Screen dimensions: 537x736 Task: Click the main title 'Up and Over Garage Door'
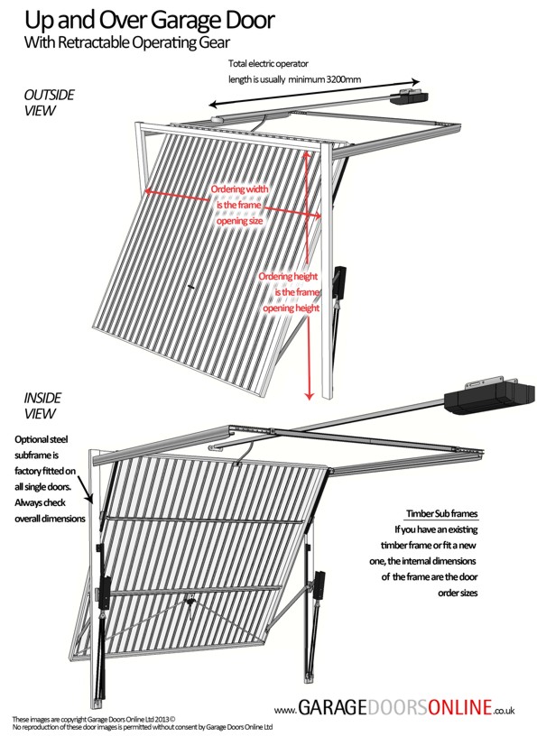(x=150, y=20)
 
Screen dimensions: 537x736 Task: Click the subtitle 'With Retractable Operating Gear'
(x=127, y=42)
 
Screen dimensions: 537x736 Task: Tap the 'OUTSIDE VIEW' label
(x=49, y=103)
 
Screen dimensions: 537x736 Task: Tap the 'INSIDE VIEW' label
(x=42, y=406)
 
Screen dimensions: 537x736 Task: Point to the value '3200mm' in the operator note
(x=344, y=79)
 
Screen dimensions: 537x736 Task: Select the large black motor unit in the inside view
(x=489, y=398)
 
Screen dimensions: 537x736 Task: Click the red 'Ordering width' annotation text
(x=239, y=189)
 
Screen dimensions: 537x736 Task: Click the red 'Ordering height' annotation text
(x=288, y=277)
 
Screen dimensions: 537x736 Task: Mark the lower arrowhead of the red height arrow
(x=309, y=396)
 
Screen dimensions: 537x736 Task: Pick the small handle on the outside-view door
(x=190, y=286)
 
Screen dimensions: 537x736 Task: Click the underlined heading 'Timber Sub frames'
(x=441, y=513)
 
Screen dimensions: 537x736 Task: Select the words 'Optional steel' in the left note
(x=42, y=440)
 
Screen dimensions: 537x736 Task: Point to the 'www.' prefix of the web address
(x=285, y=711)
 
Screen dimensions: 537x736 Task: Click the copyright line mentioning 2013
(x=94, y=719)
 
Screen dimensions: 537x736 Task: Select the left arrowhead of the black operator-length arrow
(x=214, y=105)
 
